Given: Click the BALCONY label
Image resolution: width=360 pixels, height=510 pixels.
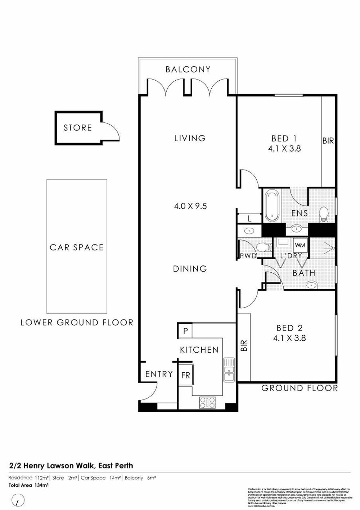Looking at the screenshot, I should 188,70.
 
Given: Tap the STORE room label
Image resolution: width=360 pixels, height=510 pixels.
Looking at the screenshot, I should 78,128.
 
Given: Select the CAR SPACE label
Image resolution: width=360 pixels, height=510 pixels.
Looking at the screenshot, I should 77,247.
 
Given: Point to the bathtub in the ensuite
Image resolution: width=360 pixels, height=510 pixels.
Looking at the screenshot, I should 272,206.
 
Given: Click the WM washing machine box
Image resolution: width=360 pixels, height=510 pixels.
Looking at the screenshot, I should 300,245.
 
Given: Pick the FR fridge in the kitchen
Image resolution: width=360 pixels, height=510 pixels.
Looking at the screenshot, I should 186,375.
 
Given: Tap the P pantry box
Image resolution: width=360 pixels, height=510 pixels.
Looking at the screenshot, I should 185,331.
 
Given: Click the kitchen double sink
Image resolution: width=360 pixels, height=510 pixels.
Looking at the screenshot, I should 229,370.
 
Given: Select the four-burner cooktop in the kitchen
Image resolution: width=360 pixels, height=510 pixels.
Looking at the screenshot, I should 207,402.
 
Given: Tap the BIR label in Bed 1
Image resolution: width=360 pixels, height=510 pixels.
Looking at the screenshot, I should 328,141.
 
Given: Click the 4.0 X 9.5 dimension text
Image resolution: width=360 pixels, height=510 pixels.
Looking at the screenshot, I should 190,206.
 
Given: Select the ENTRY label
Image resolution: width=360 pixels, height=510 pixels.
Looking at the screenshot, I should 159,374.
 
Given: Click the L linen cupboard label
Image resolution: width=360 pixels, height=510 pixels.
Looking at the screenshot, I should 249,219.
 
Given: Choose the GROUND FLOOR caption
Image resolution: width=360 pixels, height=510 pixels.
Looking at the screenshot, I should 300,388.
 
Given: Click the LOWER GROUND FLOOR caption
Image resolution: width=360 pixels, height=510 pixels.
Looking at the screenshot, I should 77,323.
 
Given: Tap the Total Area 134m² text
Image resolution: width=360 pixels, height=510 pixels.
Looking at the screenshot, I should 28,485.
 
